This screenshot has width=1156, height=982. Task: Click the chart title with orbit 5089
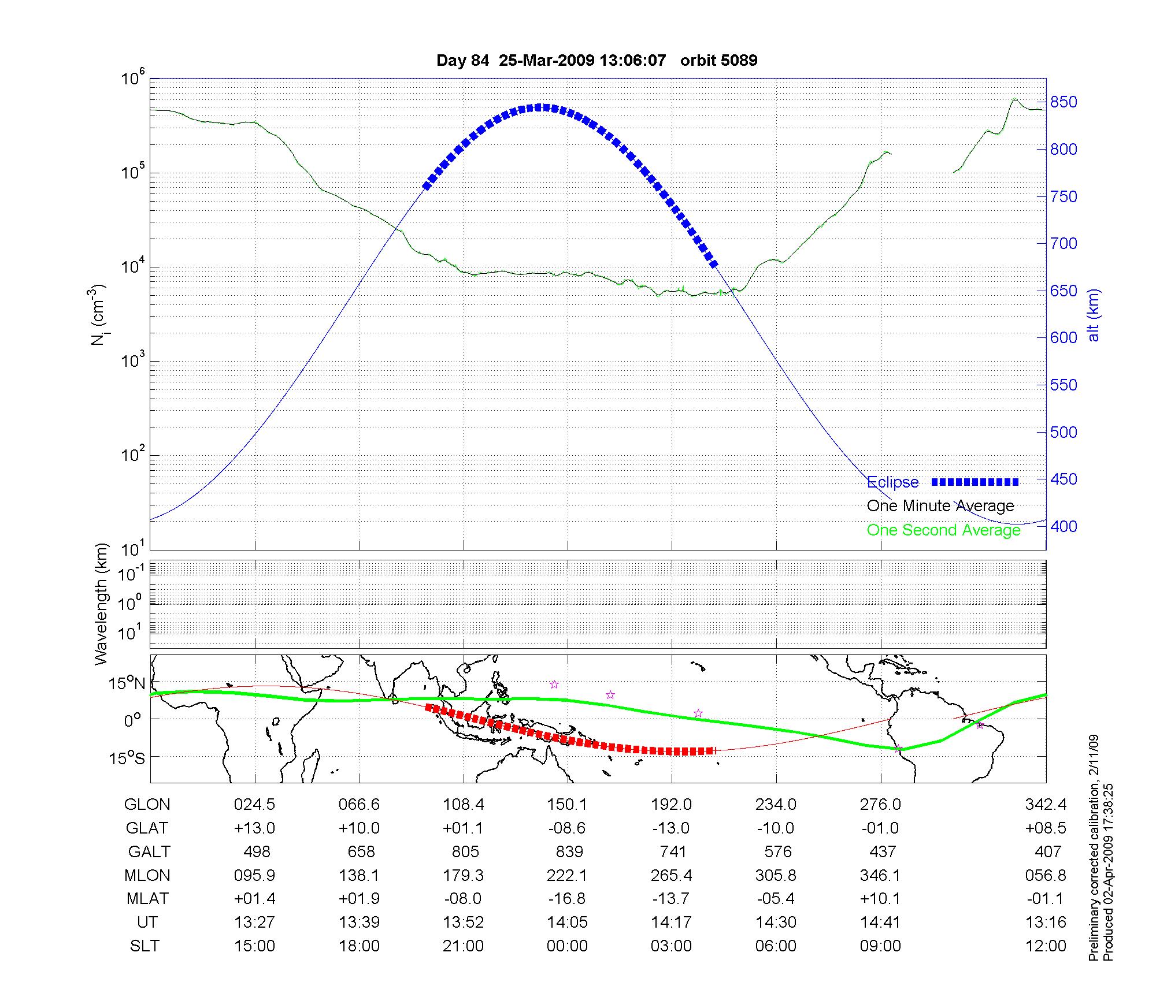pos(596,61)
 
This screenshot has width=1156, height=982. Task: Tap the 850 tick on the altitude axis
pos(1064,102)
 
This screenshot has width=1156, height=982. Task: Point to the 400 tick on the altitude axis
pos(1064,526)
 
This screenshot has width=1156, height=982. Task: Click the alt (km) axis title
pos(1093,315)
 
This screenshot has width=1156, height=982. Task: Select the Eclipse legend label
pos(892,482)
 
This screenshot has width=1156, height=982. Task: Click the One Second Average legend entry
pos(943,530)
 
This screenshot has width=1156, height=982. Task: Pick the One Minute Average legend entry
pos(940,506)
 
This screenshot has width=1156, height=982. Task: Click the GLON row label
pos(147,804)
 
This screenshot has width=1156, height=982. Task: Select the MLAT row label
pos(147,899)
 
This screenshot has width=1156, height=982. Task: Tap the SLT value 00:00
pos(567,946)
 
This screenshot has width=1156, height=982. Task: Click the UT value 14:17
pos(671,923)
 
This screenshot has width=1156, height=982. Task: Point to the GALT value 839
pos(569,851)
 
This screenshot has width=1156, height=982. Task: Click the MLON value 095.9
pos(254,875)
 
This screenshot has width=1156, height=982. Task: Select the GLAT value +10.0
pos(359,828)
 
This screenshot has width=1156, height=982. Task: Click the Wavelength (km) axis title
pos(102,604)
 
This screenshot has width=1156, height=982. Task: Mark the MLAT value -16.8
pos(567,899)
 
